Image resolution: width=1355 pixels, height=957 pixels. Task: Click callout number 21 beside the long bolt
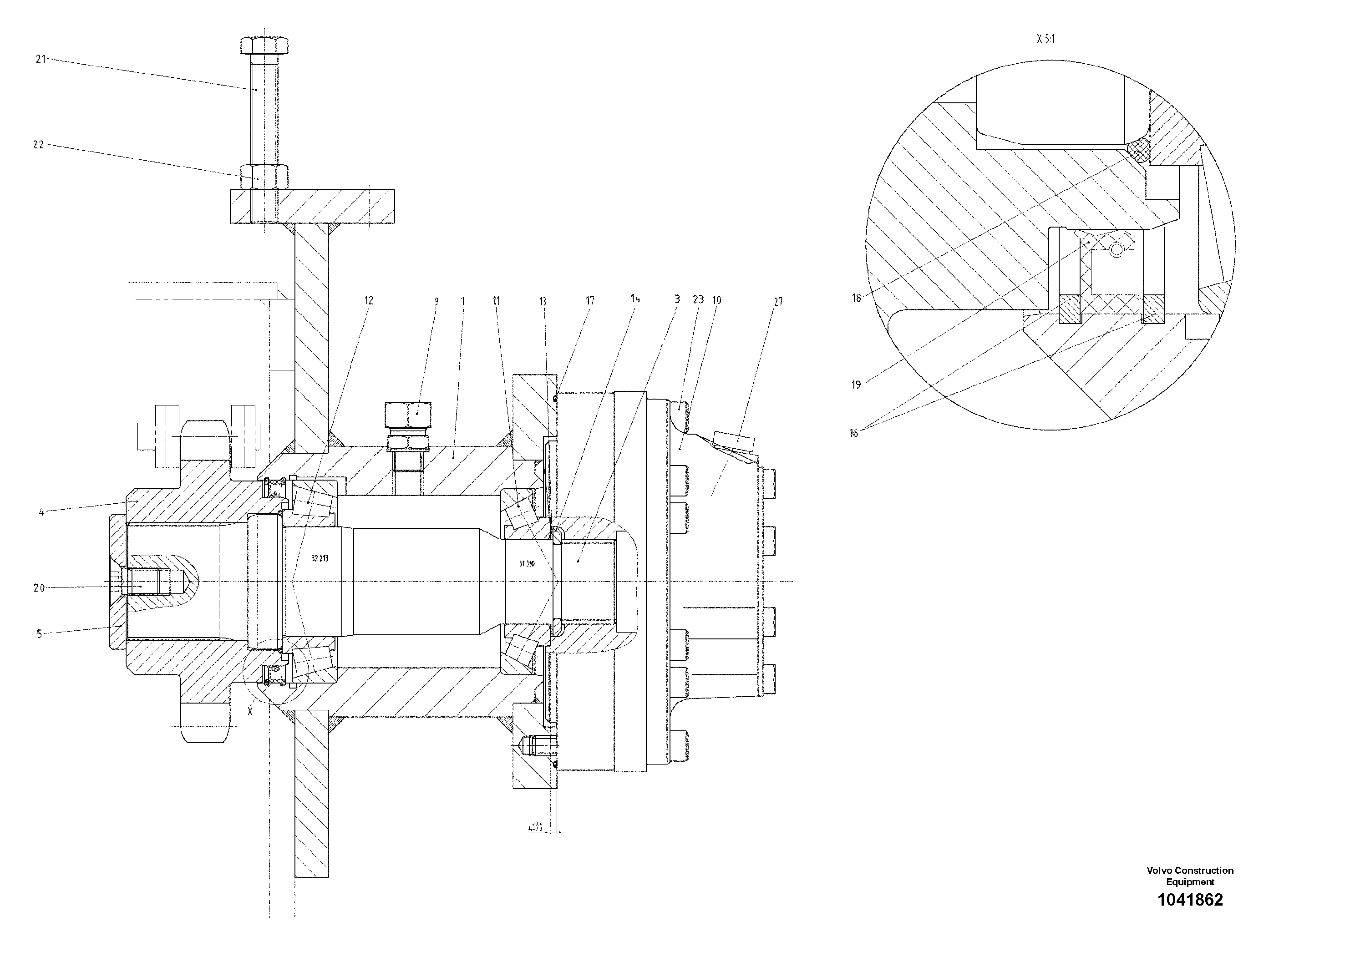point(40,59)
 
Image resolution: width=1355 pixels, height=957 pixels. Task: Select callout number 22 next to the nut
point(38,145)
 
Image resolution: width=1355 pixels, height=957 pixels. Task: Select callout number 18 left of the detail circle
point(856,298)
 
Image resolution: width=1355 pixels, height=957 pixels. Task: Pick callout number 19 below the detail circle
point(856,385)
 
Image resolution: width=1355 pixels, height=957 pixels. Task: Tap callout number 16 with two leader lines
point(853,433)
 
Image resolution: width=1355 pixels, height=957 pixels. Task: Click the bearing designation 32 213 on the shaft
point(319,558)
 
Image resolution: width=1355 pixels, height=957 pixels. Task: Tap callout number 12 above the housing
point(368,300)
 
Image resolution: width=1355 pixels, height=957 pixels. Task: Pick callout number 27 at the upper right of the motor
point(778,302)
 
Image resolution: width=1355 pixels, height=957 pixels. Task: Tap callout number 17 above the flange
point(589,301)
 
